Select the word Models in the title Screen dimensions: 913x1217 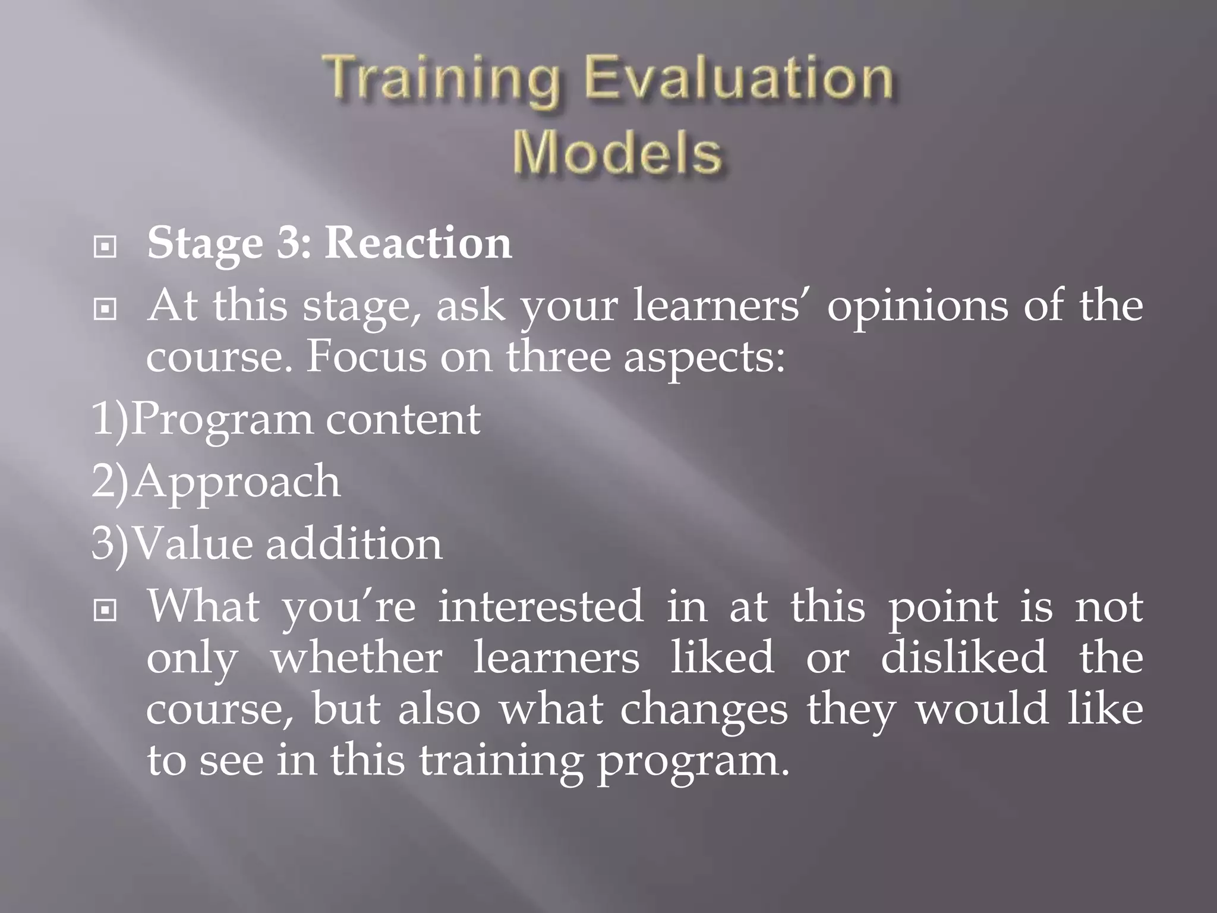point(617,153)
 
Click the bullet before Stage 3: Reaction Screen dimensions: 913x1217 point(105,247)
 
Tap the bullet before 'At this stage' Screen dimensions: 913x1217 point(105,309)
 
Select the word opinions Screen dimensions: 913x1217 point(918,306)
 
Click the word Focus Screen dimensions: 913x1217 point(366,358)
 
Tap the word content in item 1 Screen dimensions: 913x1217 point(403,420)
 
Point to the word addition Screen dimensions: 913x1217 point(354,544)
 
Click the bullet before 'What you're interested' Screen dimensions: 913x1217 point(105,610)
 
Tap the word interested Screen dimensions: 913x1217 point(541,607)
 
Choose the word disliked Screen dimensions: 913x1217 point(963,658)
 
